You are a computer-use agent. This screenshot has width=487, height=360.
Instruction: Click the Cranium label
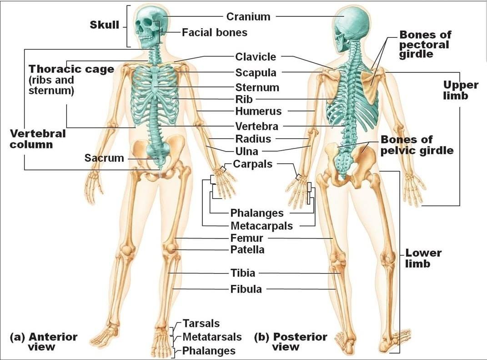pos(248,16)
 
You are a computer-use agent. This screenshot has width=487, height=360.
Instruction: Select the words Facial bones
pos(214,32)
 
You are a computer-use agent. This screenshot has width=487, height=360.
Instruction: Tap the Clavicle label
pos(255,56)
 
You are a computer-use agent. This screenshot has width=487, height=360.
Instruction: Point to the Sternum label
pos(257,87)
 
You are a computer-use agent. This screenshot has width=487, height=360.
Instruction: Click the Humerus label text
pos(258,111)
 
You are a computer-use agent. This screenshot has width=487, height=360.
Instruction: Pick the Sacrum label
pos(104,158)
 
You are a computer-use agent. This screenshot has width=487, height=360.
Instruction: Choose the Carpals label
pos(252,164)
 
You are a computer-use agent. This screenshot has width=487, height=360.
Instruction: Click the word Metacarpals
pos(261,226)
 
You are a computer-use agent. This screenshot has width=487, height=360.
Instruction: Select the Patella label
pos(247,249)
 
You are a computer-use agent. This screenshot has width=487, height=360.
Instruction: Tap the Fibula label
pos(246,289)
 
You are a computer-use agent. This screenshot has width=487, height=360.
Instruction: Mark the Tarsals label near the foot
pos(201,323)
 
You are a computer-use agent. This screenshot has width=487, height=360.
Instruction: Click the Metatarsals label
pos(212,337)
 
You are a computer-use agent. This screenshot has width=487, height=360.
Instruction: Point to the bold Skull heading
pos(105,25)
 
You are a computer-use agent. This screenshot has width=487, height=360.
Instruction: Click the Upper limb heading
pos(461,90)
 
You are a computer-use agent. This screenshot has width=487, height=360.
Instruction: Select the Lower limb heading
pos(423,258)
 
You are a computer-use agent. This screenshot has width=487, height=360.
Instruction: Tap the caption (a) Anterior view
pos(44,342)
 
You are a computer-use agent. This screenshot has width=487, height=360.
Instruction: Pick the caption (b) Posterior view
pos(291,342)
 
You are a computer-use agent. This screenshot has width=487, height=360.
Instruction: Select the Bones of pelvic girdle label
pos(417,145)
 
